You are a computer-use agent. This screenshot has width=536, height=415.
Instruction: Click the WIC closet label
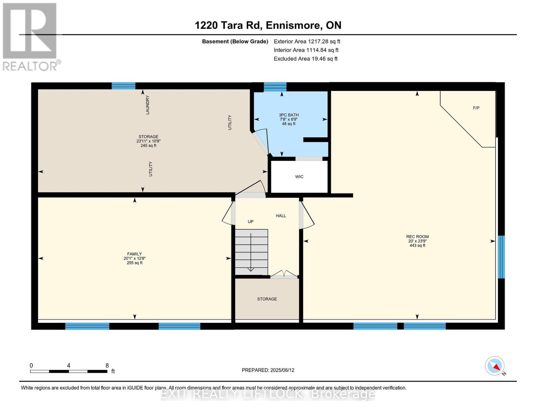coord(299,177)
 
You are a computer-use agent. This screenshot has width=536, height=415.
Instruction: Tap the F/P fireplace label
coord(476,108)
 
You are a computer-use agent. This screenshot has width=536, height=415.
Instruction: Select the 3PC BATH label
coord(289,115)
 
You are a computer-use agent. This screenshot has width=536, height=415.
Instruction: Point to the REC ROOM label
coord(417,237)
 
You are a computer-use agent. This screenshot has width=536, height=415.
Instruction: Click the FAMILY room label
coord(134,254)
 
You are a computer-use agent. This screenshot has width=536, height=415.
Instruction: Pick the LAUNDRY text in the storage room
coord(147,105)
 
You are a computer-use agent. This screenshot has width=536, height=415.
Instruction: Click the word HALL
coord(281,216)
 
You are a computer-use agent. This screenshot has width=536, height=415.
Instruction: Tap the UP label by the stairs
coord(251,222)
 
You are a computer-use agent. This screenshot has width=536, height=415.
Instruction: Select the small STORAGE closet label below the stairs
coord(267,299)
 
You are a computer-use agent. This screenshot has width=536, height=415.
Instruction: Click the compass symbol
coord(495,366)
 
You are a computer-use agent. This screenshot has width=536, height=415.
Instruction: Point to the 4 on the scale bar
coord(69,366)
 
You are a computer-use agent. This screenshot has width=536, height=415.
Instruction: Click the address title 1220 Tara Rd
coord(268,25)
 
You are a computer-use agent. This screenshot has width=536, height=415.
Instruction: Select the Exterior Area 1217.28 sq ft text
coord(307,41)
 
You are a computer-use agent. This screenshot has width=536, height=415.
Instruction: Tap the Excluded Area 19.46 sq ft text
coord(305,59)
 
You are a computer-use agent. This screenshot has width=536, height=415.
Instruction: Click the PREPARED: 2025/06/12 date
coord(268,370)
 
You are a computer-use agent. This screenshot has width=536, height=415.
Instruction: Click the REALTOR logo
coord(31,36)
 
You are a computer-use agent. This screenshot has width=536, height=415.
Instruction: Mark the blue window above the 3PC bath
coord(275,87)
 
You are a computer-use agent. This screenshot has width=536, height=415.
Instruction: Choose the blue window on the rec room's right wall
coord(501,257)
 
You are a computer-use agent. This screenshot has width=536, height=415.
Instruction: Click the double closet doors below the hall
coord(284,275)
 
